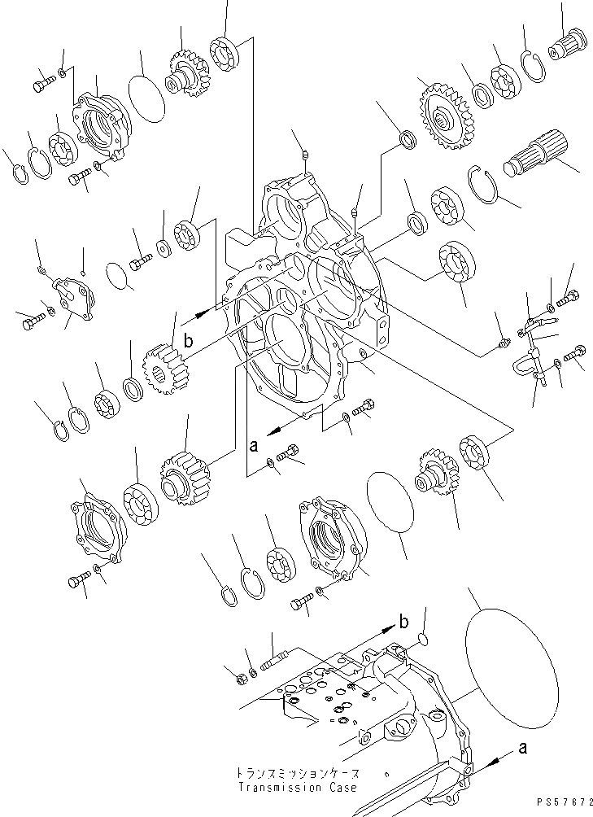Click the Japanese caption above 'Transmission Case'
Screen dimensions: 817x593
point(296,773)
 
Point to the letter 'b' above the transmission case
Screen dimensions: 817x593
point(403,623)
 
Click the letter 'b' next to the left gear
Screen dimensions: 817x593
point(188,342)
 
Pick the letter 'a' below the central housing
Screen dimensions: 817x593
point(254,445)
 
